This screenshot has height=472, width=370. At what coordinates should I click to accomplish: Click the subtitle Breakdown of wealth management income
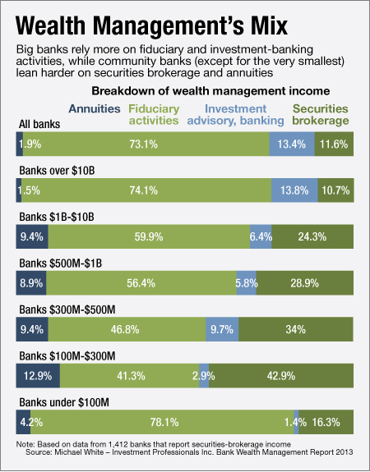click(211, 90)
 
